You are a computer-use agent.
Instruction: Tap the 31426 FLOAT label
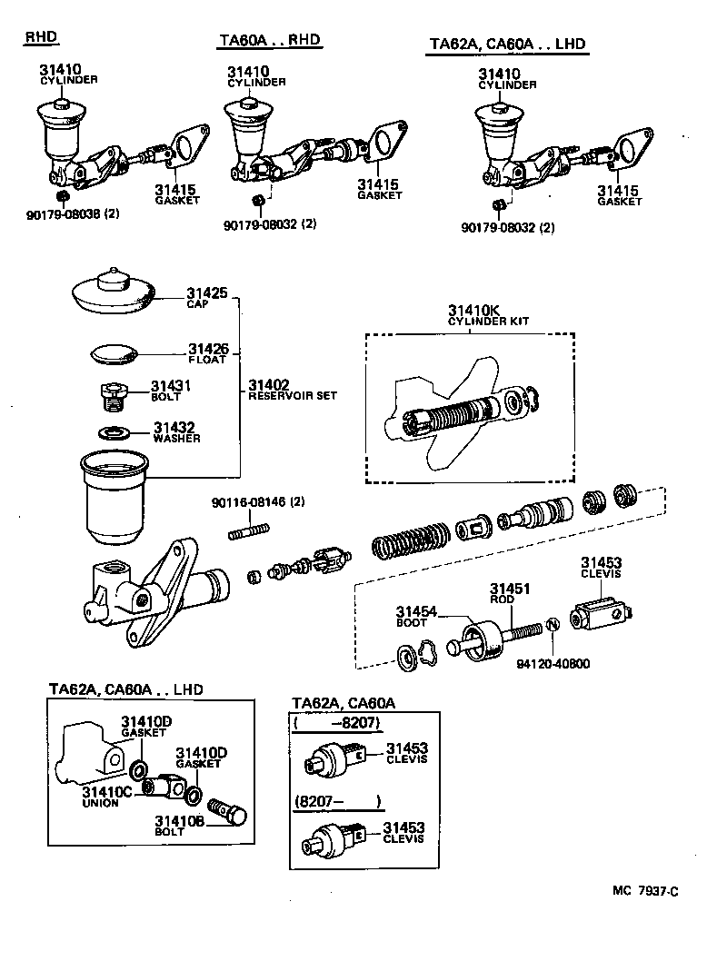(x=208, y=353)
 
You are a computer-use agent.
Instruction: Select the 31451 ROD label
(x=503, y=593)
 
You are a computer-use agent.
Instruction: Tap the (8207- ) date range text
(x=336, y=802)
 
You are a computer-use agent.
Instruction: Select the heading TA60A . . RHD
(x=271, y=41)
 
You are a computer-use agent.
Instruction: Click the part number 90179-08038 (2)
(x=74, y=214)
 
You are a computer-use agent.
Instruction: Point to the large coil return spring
(x=409, y=545)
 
